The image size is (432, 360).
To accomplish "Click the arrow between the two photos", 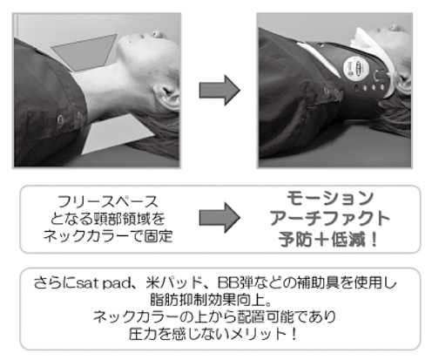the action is pyautogui.click(x=219, y=90).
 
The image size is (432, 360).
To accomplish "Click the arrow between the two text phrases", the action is pyautogui.click(x=219, y=217).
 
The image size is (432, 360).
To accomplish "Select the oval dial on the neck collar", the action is pyautogui.click(x=356, y=69).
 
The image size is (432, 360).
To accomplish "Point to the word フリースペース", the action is pyautogui.click(x=108, y=201).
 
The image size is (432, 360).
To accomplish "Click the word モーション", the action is pyautogui.click(x=330, y=198).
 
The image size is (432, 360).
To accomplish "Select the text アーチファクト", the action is pyautogui.click(x=330, y=219).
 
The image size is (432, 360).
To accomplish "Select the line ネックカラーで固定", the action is pyautogui.click(x=108, y=236).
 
